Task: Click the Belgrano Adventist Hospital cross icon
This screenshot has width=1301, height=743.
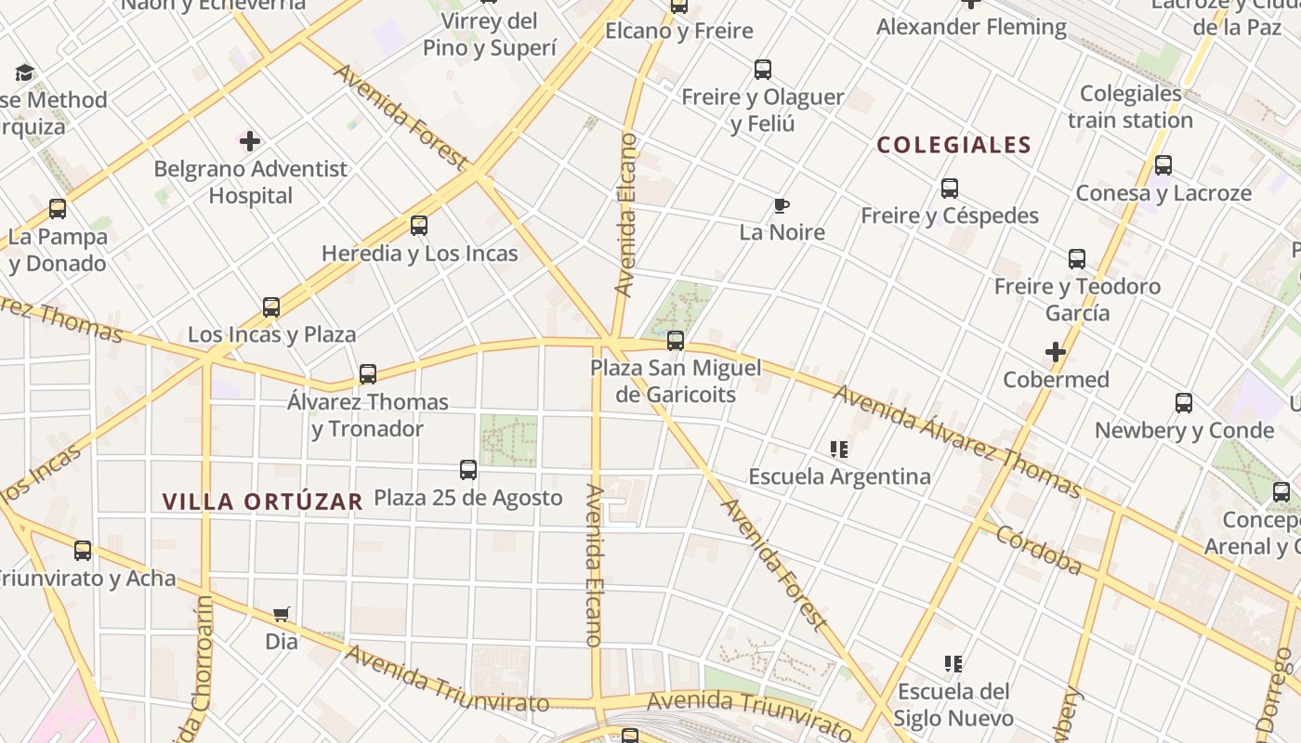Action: [250, 141]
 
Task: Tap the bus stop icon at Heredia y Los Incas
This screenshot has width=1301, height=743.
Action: [419, 226]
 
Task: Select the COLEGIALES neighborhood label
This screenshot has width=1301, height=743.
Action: [953, 145]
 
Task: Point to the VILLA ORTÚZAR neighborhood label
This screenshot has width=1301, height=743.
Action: [262, 502]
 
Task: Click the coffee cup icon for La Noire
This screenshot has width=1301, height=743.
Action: [782, 205]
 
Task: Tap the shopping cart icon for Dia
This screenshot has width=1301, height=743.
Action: [282, 614]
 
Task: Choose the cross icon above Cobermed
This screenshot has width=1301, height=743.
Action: [1055, 352]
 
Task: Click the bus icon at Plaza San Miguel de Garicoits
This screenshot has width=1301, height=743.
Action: [676, 341]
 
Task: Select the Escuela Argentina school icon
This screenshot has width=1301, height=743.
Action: [839, 450]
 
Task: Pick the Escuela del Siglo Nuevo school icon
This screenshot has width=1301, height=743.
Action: [953, 664]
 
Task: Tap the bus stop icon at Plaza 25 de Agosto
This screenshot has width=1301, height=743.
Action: [468, 470]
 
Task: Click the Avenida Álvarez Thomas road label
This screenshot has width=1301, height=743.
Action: [956, 442]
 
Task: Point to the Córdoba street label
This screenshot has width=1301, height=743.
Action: [1039, 549]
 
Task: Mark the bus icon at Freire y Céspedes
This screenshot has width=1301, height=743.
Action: [950, 189]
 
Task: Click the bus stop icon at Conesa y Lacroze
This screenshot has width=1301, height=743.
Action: [1163, 166]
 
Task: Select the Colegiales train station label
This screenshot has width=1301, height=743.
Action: [1130, 107]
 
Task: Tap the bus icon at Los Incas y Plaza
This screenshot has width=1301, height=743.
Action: [271, 307]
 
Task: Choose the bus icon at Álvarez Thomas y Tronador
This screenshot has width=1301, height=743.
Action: [368, 374]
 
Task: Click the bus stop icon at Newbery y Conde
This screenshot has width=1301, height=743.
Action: [1184, 403]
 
